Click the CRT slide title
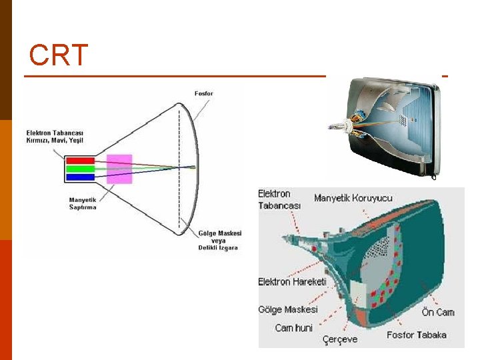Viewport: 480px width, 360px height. tap(59, 55)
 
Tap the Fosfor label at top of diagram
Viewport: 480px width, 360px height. tap(204, 93)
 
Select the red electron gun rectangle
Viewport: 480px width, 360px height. tap(80, 160)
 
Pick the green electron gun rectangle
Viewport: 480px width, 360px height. tap(80, 169)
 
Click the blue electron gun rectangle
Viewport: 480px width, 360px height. tap(80, 177)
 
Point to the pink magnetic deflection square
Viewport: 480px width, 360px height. tap(119, 169)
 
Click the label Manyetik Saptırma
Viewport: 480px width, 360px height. tap(83, 203)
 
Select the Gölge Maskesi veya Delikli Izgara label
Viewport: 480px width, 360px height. tap(220, 240)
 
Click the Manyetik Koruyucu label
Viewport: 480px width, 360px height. tap(353, 198)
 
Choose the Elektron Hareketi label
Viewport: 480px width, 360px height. tap(292, 282)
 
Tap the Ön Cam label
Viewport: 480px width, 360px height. tap(437, 312)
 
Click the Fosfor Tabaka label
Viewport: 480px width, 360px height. tap(417, 335)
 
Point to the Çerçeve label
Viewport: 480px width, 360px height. tap(340, 339)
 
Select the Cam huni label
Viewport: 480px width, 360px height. tap(293, 327)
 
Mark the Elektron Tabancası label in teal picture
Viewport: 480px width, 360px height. tap(279, 199)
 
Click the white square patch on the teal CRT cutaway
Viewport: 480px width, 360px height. tap(359, 291)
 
